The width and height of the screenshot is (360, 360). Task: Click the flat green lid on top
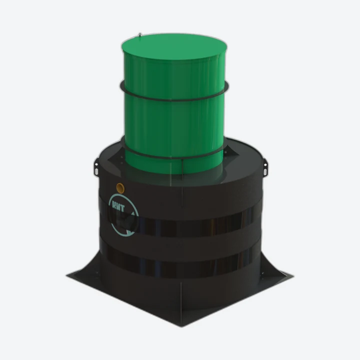pos(174,46)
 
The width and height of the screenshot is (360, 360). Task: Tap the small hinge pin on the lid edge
pos(139,34)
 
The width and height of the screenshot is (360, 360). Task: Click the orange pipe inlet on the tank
pos(120,188)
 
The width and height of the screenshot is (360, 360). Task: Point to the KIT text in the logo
pos(118,207)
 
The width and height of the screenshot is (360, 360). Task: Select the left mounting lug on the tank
pos(96,167)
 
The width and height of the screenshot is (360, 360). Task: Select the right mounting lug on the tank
pos(265,167)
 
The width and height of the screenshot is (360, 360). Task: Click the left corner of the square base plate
pos(66,276)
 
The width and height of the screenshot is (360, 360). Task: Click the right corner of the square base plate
pos(293,276)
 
